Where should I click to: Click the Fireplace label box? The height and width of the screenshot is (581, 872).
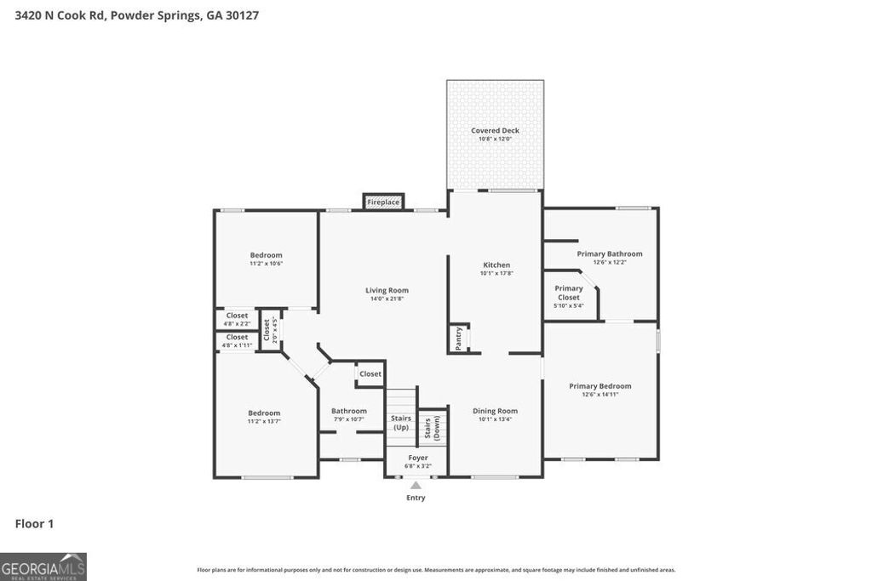click(x=383, y=202)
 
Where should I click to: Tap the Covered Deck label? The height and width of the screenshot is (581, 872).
click(x=495, y=130)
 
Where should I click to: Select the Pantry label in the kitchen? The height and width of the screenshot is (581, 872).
click(x=458, y=338)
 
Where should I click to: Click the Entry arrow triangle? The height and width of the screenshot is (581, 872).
click(x=416, y=486)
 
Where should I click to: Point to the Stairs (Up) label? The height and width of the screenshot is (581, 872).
click(x=401, y=423)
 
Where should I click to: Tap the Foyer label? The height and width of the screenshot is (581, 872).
click(x=417, y=458)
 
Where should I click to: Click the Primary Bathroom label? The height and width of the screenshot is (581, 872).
click(x=610, y=253)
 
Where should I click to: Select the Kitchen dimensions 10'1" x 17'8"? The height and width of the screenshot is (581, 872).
click(x=496, y=273)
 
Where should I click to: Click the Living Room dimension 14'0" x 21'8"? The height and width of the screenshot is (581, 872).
click(x=387, y=299)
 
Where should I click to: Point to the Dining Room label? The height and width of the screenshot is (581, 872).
click(x=495, y=411)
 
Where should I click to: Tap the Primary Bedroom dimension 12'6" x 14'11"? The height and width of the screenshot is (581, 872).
click(x=600, y=395)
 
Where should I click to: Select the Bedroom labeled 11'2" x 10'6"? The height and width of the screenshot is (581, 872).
click(x=266, y=255)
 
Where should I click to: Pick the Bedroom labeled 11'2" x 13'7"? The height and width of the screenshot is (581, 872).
click(x=264, y=413)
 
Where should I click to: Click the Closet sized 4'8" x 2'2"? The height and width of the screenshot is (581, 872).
click(x=237, y=316)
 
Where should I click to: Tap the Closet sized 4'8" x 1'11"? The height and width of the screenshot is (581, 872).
click(x=237, y=338)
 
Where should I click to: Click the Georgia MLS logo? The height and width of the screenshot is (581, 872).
click(x=43, y=567)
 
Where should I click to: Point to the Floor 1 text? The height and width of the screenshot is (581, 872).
click(x=34, y=524)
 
